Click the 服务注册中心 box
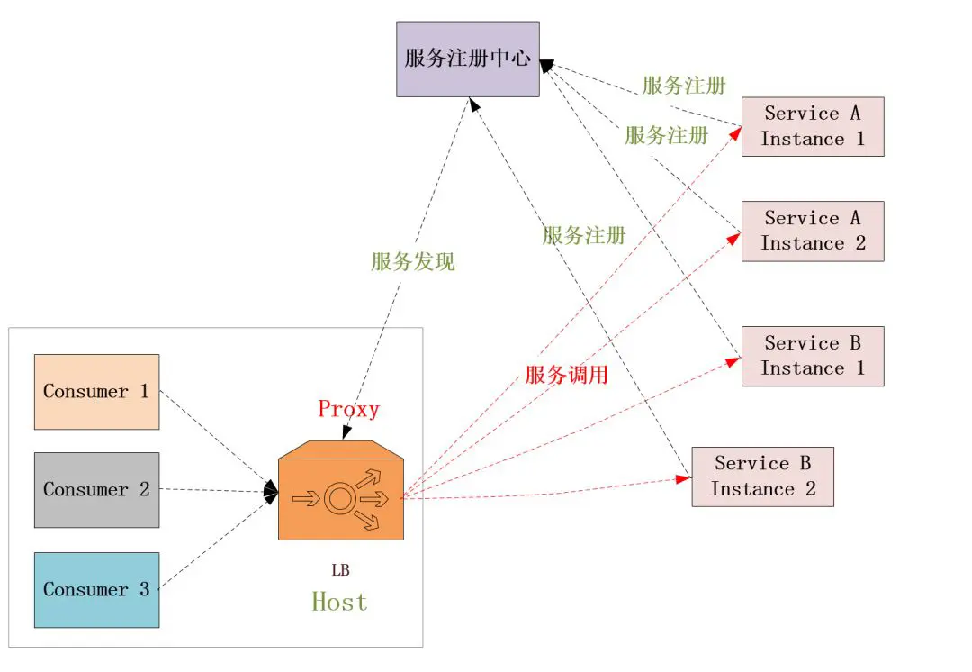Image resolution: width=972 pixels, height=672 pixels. click(x=468, y=59)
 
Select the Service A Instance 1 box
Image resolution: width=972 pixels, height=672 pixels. click(x=813, y=126)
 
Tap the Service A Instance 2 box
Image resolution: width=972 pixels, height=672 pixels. click(x=813, y=231)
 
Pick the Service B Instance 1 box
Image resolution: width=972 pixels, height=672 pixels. click(x=813, y=356)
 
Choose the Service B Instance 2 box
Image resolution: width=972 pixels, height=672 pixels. click(x=762, y=477)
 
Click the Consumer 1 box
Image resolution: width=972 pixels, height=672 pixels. click(x=97, y=392)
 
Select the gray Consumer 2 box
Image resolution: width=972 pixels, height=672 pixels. click(x=97, y=490)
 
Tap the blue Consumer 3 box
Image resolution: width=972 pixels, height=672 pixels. click(x=97, y=590)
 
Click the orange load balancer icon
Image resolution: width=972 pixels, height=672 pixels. click(x=341, y=491)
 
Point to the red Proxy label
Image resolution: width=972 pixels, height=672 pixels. click(x=348, y=409)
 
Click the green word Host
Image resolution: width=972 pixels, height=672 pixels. click(x=339, y=601)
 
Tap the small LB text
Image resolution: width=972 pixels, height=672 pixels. click(x=340, y=570)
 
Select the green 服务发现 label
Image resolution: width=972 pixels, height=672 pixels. click(x=413, y=262)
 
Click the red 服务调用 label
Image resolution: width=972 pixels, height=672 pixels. click(x=566, y=375)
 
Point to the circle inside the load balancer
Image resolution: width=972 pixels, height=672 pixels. click(x=339, y=498)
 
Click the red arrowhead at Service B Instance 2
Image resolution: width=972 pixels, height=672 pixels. click(x=685, y=479)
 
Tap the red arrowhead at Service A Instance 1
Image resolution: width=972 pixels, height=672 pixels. click(x=736, y=132)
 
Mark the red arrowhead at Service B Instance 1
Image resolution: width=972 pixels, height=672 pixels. click(x=735, y=359)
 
